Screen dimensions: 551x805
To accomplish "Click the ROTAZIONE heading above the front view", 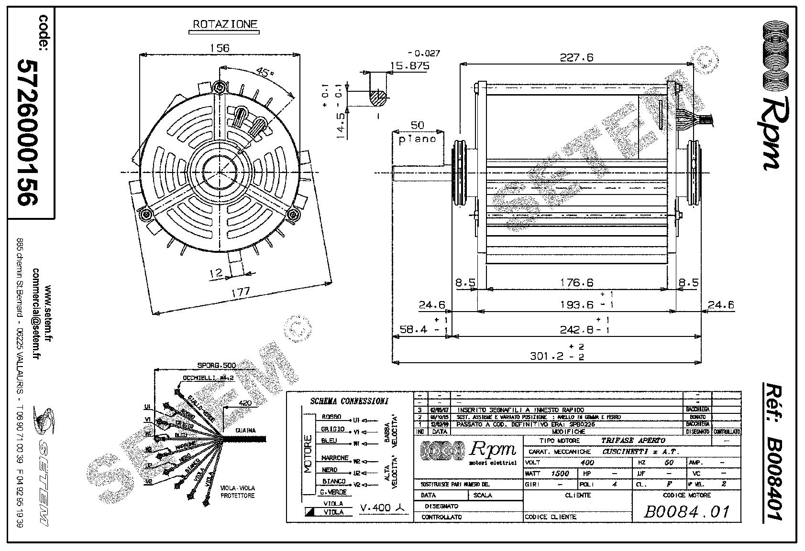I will tap(225, 24).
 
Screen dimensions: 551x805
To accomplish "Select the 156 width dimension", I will tap(220, 48).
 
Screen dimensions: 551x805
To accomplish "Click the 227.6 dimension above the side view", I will tap(576, 57).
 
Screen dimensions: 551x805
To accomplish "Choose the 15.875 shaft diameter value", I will tap(410, 66).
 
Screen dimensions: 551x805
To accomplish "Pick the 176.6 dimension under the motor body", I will tap(576, 283).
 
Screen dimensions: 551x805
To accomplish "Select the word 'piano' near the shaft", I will tap(418, 139).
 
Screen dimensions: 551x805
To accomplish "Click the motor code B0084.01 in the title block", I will tap(687, 512).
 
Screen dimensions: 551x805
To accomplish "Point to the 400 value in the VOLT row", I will tap(587, 463).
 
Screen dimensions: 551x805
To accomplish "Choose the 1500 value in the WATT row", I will tap(560, 473).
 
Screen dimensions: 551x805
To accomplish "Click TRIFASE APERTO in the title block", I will tap(633, 441).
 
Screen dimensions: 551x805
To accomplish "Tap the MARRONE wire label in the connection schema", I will tap(335, 458).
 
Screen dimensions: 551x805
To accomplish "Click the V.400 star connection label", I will tap(383, 508).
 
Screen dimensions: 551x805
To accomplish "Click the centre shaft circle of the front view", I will tap(220, 172).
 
